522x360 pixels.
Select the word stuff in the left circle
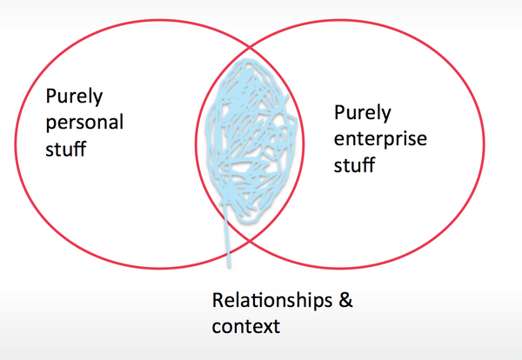coord(66,148)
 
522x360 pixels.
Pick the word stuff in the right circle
coord(355,163)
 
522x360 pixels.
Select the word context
coord(245,327)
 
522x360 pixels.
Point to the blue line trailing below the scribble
coord(229,243)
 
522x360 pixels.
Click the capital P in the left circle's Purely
coord(50,96)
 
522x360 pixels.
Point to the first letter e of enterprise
coord(339,138)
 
